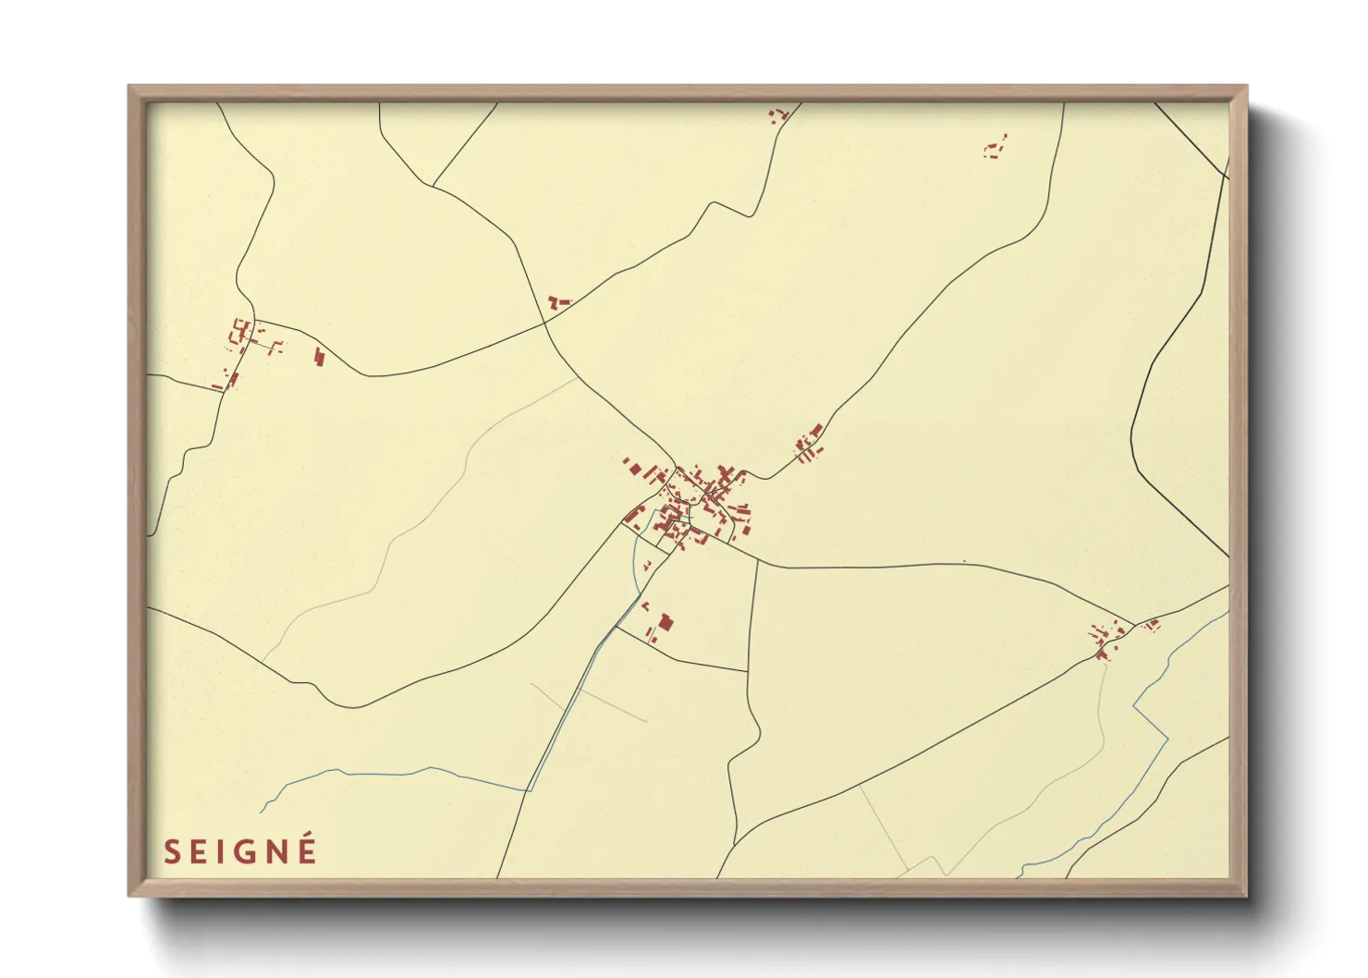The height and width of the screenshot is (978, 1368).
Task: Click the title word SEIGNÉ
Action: click(x=240, y=851)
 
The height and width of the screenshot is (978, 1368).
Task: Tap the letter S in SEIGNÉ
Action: click(x=171, y=852)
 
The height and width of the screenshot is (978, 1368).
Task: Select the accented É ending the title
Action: click(x=307, y=850)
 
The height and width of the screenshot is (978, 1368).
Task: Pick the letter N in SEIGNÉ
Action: click(x=275, y=852)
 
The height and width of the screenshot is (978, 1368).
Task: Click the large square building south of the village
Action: click(x=666, y=623)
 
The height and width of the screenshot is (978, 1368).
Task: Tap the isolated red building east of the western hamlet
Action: click(x=320, y=357)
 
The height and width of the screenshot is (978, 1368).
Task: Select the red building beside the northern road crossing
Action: click(x=556, y=301)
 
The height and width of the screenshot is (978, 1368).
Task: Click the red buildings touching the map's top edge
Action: click(x=777, y=115)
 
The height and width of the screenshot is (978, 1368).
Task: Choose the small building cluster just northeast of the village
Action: click(x=810, y=446)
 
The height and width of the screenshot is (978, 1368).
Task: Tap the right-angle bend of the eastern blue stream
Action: click(x=1135, y=707)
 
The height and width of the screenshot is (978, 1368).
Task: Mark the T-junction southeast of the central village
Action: click(x=757, y=560)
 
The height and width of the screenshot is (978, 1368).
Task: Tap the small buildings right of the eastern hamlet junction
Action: click(x=1152, y=626)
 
